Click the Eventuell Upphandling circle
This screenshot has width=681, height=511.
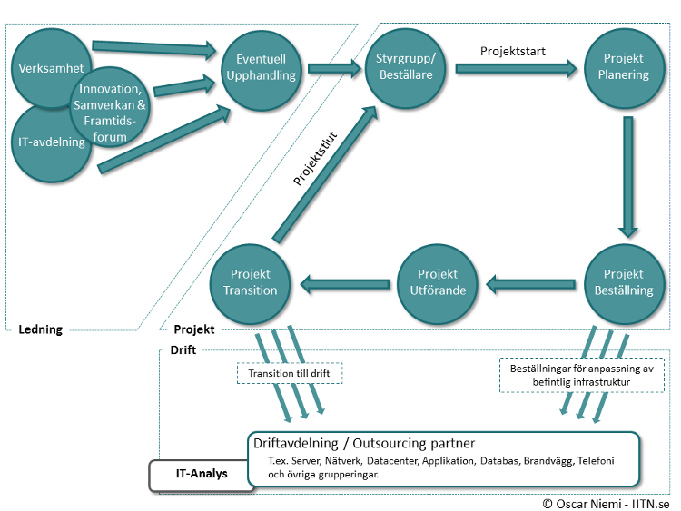260,66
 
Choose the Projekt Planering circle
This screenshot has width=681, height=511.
623,66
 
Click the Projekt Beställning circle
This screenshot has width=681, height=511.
623,282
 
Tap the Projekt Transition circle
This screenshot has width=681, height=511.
251,282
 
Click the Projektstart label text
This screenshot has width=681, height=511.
513,51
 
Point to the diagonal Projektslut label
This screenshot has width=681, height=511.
315,161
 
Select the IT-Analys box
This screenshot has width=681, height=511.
201,474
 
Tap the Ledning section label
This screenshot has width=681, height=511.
41,329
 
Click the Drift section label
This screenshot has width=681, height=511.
183,349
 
